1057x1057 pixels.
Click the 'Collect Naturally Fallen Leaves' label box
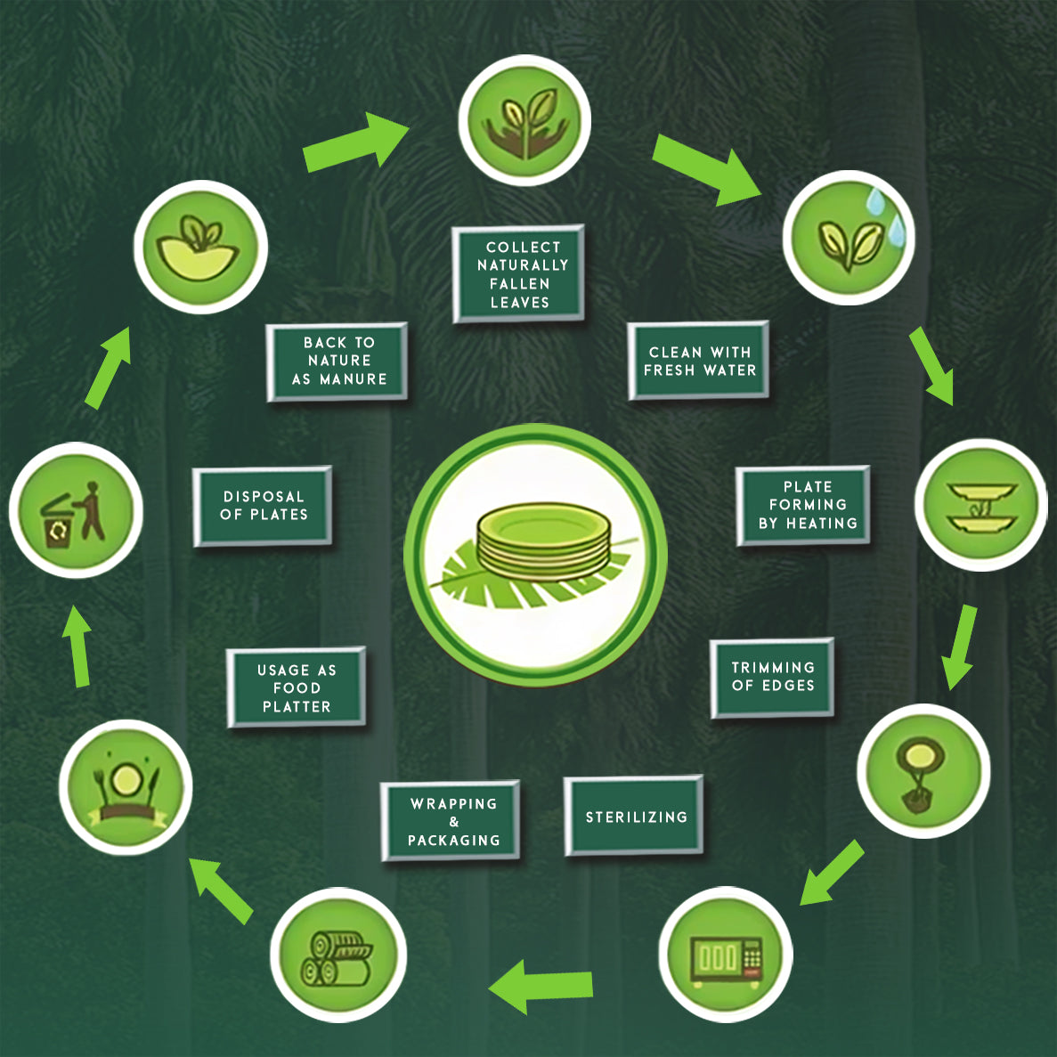click(x=518, y=273)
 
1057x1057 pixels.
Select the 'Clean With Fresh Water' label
click(x=698, y=361)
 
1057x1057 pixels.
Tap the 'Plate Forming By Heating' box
click(x=803, y=505)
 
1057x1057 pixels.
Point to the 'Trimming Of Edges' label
click(x=772, y=677)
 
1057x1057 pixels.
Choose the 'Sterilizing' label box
click(x=634, y=816)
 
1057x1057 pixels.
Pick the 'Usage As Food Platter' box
click(x=297, y=687)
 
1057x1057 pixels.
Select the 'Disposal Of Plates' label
click(x=263, y=505)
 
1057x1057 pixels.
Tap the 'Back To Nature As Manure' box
click(x=337, y=361)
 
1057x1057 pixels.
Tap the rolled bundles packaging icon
click(x=338, y=957)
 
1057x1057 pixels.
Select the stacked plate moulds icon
click(x=981, y=506)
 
